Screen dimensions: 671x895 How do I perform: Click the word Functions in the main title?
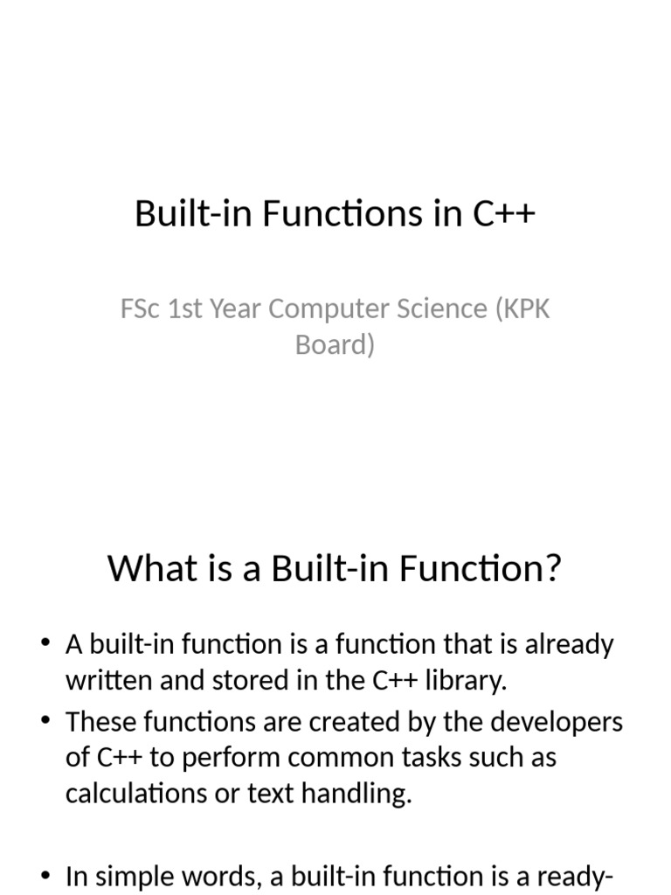click(x=342, y=213)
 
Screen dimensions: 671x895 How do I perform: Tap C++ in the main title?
click(x=504, y=213)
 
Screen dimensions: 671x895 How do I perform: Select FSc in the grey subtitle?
click(x=140, y=309)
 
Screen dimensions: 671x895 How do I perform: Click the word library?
click(x=467, y=680)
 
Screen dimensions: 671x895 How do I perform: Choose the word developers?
click(x=557, y=723)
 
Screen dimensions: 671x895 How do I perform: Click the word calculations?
click(x=136, y=793)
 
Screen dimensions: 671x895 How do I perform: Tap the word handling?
click(x=356, y=794)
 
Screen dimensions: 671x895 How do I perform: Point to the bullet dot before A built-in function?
click(x=45, y=643)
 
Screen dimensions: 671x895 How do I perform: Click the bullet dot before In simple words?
click(x=45, y=875)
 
